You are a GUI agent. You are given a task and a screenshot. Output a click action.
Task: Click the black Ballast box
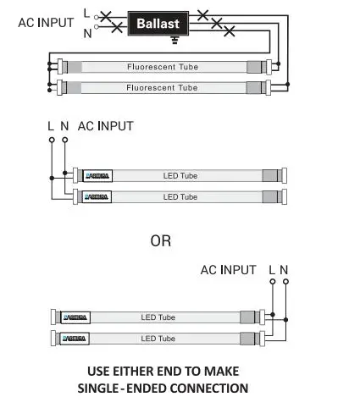158,23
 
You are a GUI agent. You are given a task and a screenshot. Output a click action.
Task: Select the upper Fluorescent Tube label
162,66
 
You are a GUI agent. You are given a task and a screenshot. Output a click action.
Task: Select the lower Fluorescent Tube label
162,87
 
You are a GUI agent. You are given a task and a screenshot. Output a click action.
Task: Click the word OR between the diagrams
161,241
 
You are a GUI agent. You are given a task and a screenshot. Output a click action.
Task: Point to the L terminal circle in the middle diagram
52,139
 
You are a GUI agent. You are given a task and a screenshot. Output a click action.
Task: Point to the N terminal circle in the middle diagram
64,139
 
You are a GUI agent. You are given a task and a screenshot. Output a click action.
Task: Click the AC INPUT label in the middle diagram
106,125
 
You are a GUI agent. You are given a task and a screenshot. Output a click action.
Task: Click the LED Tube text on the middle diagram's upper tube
180,176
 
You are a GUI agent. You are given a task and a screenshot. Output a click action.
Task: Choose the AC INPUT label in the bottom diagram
228,270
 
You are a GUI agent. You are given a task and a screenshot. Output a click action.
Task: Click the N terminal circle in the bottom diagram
285,284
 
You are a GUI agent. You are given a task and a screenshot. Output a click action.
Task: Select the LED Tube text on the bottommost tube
158,339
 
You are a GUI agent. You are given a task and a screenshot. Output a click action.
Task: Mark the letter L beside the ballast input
87,13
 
